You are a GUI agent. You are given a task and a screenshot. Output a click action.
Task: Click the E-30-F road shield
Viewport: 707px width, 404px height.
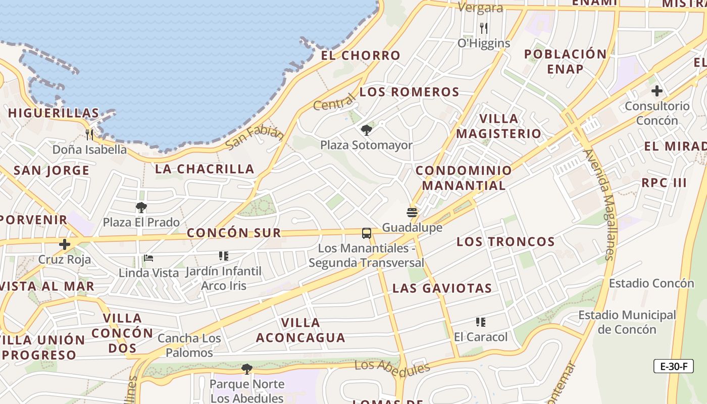(673, 366)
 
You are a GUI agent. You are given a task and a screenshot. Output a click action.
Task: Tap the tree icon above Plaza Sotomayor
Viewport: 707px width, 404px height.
(367, 130)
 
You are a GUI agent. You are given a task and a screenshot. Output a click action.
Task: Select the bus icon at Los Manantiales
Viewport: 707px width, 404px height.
(367, 233)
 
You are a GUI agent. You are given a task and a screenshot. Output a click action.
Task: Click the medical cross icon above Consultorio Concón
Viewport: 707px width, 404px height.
(656, 91)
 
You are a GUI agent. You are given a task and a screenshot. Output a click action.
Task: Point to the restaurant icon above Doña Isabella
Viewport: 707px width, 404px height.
(89, 134)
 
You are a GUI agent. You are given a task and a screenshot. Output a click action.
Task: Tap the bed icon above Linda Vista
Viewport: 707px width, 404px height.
(148, 258)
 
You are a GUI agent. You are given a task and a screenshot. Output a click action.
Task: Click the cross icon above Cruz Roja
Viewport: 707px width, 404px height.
(65, 244)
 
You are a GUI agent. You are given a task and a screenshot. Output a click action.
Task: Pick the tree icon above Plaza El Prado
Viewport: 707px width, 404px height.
(141, 207)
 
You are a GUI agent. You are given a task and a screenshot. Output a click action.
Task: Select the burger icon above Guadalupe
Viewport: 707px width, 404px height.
(412, 213)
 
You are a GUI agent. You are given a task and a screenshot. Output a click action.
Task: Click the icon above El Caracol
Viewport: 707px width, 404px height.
(480, 322)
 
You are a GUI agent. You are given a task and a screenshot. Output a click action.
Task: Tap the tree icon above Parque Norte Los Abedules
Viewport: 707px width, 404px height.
(246, 369)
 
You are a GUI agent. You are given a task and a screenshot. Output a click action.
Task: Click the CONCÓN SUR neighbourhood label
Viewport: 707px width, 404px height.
(233, 233)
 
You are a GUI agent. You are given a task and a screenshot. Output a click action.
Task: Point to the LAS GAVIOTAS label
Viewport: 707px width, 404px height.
(442, 288)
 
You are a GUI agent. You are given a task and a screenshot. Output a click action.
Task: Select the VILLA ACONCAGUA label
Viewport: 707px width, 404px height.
(300, 330)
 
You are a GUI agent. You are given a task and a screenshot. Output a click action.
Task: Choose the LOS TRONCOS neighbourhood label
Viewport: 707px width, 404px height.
(506, 241)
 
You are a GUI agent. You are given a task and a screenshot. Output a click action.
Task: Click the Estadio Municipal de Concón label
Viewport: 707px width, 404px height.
(627, 322)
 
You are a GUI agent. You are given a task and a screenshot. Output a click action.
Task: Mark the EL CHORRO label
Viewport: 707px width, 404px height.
(361, 56)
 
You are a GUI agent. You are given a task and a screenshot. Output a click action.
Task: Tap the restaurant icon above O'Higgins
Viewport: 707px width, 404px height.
(484, 28)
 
